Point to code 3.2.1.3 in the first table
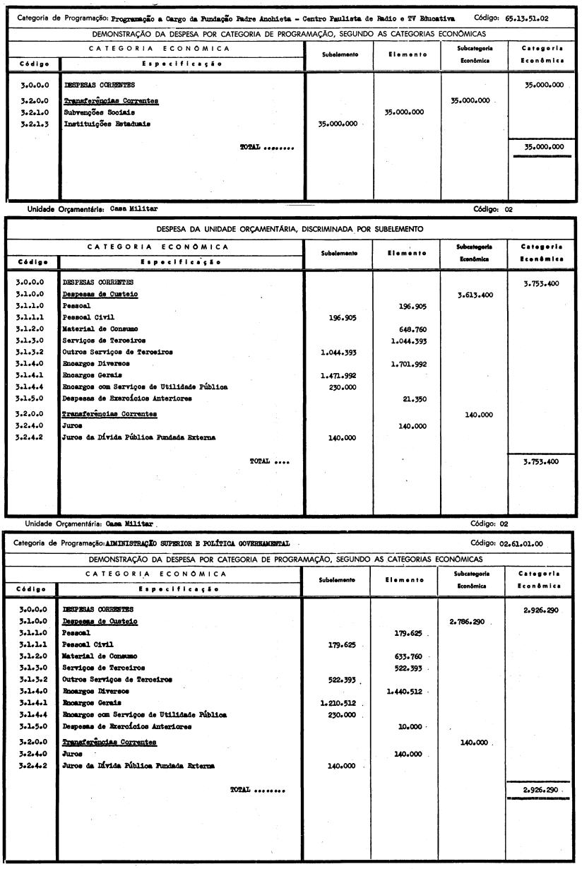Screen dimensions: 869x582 coord(30,124)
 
